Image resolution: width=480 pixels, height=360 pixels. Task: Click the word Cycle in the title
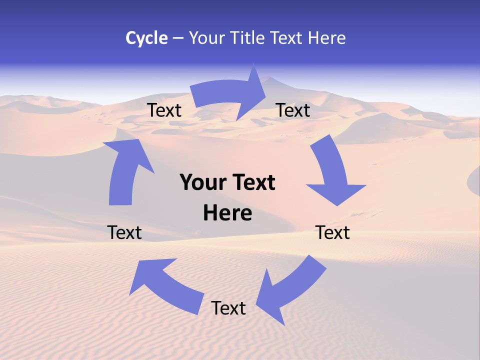click(146, 38)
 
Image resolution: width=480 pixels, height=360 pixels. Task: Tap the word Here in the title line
click(327, 38)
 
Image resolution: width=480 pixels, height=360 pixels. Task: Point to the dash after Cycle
click(178, 38)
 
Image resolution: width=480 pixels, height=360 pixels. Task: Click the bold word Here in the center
click(227, 213)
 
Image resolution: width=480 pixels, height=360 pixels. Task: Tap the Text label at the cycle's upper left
click(164, 110)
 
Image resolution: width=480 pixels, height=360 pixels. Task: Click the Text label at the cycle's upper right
click(293, 110)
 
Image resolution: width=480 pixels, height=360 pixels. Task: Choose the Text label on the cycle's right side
click(332, 232)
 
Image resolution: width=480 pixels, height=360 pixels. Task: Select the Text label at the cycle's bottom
click(228, 308)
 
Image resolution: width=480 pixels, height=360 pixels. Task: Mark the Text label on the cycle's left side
click(124, 232)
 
